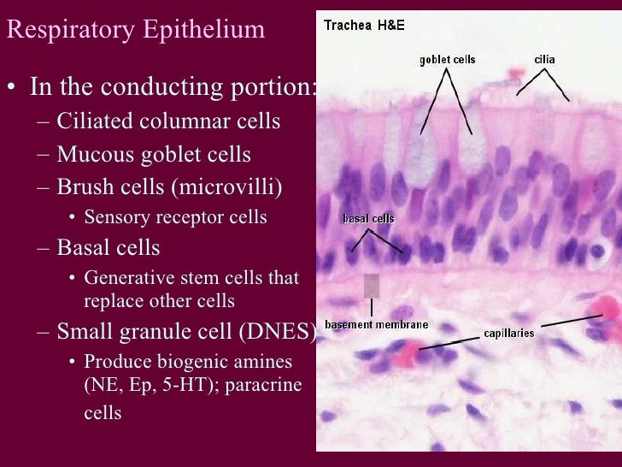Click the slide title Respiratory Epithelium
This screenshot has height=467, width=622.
coord(135,31)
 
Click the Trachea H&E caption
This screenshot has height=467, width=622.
coord(364,25)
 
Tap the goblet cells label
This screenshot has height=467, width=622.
coord(447,60)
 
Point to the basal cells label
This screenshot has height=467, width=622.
coord(368,219)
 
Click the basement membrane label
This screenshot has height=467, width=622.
coord(376,325)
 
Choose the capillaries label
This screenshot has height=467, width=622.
coord(509,332)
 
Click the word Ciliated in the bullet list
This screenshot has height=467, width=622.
coord(91,121)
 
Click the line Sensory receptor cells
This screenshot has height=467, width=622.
coord(175,217)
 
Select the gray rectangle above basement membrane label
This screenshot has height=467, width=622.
coord(372,286)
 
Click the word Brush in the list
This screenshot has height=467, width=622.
coord(83,186)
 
